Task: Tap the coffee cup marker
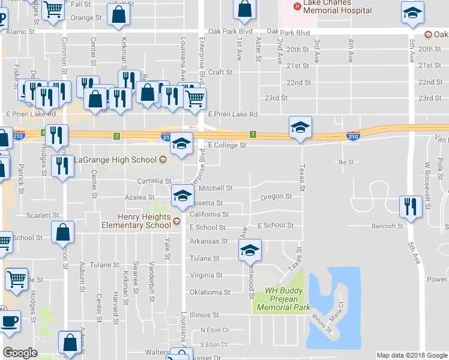click(10, 322)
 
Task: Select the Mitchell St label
click(215, 188)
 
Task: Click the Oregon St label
click(276, 196)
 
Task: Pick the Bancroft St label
click(387, 226)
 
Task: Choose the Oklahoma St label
click(209, 292)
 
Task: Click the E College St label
click(227, 145)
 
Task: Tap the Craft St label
click(220, 72)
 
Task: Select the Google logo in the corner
click(20, 352)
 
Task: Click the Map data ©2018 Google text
click(411, 355)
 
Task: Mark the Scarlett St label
click(42, 215)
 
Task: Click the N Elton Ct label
click(214, 330)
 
